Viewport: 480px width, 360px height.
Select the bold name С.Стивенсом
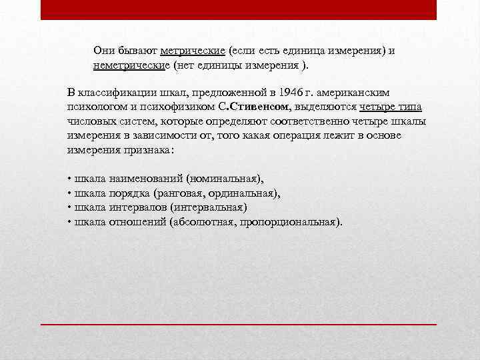pyautogui.click(x=253, y=107)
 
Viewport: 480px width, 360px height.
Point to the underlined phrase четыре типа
pyautogui.click(x=391, y=107)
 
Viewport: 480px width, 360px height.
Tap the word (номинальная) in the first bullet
pyautogui.click(x=225, y=179)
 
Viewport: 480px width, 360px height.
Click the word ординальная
pyautogui.click(x=245, y=193)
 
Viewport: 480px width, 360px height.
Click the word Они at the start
pyautogui.click(x=105, y=51)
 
